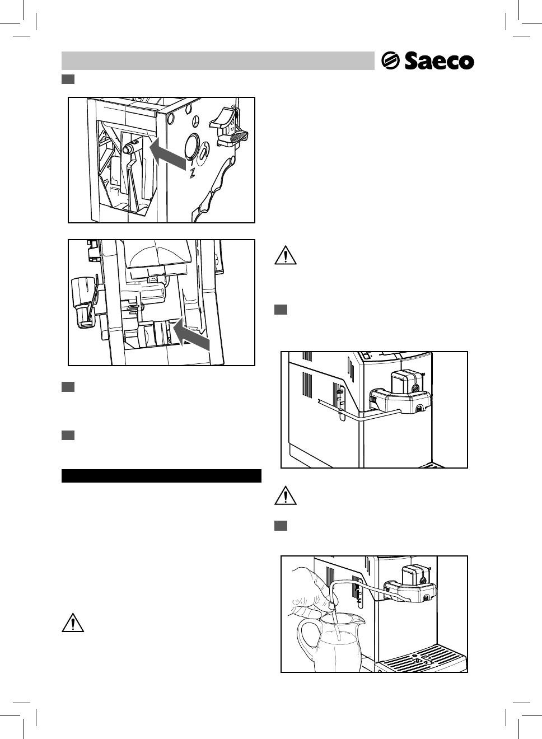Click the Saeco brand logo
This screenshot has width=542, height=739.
(x=428, y=60)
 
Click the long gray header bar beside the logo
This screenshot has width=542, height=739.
(x=217, y=60)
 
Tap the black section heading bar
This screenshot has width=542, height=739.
(x=161, y=476)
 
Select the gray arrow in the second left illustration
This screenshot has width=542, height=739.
(x=191, y=334)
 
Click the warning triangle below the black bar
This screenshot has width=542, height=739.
(x=73, y=623)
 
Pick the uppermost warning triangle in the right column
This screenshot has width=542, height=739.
(x=286, y=255)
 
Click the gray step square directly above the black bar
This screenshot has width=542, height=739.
(x=68, y=435)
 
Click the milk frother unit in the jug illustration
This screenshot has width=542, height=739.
(x=412, y=586)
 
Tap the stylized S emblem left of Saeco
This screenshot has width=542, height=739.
(x=390, y=60)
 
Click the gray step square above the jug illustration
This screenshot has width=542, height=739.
(x=281, y=526)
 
